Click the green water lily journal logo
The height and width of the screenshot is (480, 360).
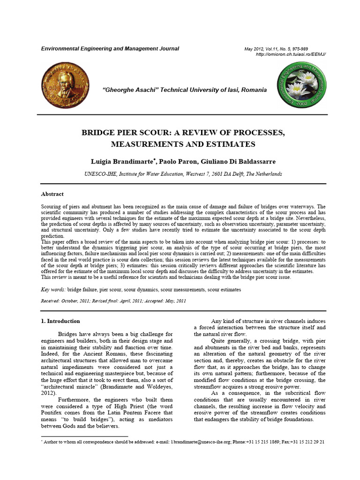pos(301,84)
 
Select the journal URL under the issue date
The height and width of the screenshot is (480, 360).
pos(291,54)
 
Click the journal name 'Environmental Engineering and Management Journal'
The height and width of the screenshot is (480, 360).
pos(110,49)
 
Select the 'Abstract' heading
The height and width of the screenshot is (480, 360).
pos(52,194)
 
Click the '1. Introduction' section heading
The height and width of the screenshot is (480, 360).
pos(60,321)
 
